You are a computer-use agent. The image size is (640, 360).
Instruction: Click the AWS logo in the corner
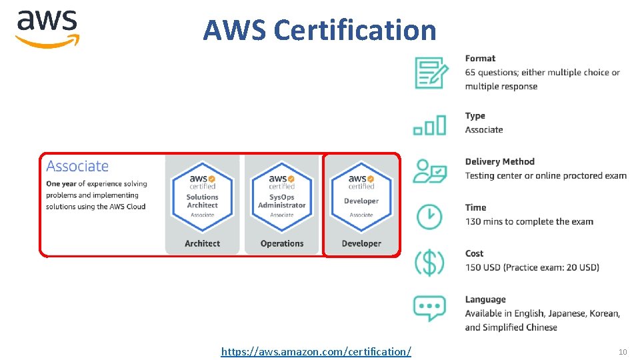point(47,29)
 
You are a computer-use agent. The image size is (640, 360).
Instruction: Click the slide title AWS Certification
point(319,30)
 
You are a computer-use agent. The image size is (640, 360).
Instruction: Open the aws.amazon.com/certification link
point(316,350)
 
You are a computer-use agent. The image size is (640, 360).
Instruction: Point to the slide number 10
point(623,351)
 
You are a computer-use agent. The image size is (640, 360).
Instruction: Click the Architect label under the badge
point(202,243)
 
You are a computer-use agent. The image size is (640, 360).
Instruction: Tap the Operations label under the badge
point(281,243)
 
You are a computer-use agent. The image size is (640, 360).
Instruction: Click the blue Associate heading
point(77,166)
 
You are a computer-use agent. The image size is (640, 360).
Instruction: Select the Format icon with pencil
point(431,72)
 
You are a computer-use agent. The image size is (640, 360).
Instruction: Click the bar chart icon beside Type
point(429,125)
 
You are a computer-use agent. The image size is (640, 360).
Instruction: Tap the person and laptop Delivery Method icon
point(430,171)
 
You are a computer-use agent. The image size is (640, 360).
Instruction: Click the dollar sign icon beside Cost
point(429,261)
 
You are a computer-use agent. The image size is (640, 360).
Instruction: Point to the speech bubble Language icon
point(429,308)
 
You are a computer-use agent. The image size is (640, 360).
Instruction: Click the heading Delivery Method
point(499,161)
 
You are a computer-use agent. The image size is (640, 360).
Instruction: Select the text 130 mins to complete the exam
point(529,221)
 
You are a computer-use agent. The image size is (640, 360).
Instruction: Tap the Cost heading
point(474,253)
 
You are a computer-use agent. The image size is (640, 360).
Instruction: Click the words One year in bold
point(61,183)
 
